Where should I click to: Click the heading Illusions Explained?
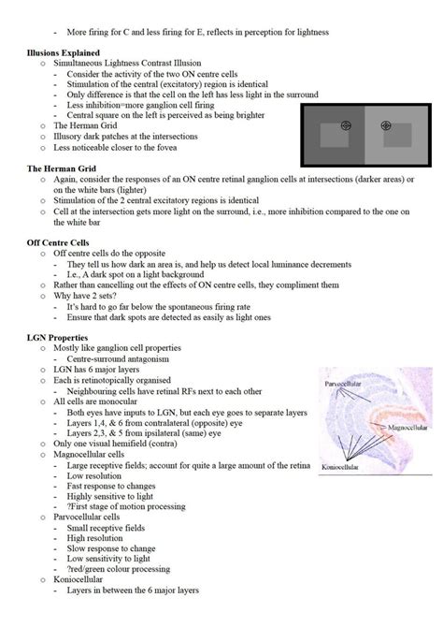point(64,52)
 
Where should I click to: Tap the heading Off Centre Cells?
point(58,242)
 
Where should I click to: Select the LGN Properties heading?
point(57,338)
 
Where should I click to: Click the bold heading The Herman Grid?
point(62,168)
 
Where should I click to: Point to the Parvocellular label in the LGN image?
point(343,384)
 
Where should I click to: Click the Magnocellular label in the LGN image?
point(407,428)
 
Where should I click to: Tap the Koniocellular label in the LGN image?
point(340,467)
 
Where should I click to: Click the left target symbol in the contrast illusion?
point(347,125)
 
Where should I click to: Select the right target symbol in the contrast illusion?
point(386,125)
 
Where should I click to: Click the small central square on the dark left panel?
point(335,135)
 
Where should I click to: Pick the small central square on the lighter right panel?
point(397,135)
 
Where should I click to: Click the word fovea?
point(166,148)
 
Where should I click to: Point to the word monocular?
point(119,401)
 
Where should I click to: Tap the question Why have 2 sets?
point(85,296)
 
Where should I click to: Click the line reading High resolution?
point(94,538)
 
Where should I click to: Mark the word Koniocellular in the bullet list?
point(78,579)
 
